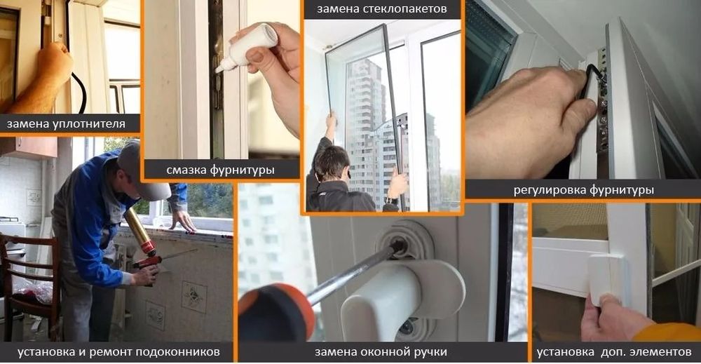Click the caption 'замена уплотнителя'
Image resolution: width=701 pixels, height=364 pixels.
pyautogui.click(x=66, y=125)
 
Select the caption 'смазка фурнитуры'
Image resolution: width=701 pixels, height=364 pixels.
pyautogui.click(x=220, y=170)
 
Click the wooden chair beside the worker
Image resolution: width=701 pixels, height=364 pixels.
pyautogui.click(x=28, y=281)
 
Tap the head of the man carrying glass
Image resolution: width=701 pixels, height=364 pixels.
pyautogui.click(x=329, y=163)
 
